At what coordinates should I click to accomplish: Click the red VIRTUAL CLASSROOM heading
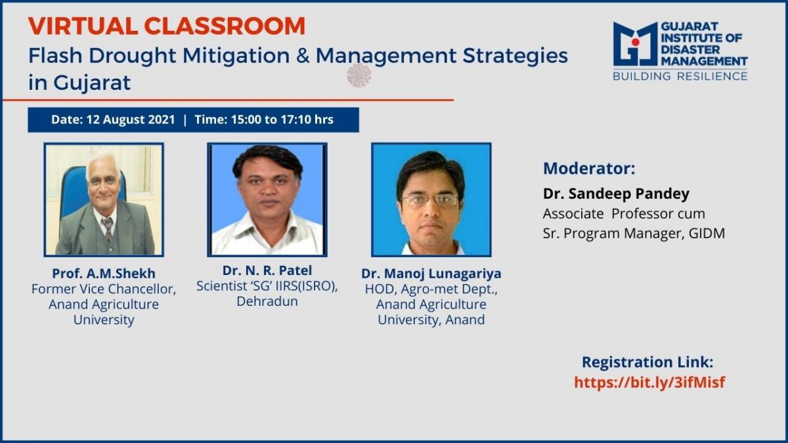(167, 26)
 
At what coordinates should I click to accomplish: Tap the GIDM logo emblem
(636, 44)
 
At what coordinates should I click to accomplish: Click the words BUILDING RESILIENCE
(680, 76)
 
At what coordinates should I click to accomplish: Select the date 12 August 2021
(131, 119)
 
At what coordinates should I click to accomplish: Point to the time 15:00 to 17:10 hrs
(282, 119)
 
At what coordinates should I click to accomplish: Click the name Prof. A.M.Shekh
(104, 273)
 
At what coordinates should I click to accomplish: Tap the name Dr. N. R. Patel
(267, 270)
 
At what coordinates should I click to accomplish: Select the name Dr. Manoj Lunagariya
(431, 274)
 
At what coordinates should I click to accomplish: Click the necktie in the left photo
(107, 228)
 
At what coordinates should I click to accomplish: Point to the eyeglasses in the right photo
(430, 200)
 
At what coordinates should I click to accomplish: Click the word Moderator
(589, 169)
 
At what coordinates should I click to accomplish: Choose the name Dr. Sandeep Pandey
(616, 194)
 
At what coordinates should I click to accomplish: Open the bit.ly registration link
(649, 382)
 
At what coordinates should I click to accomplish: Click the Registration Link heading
(647, 362)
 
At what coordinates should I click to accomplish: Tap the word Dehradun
(267, 301)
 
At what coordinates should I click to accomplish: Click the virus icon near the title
(359, 75)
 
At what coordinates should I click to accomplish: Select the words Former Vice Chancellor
(104, 289)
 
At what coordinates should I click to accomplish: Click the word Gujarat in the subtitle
(92, 83)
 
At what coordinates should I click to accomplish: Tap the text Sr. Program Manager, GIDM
(634, 234)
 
